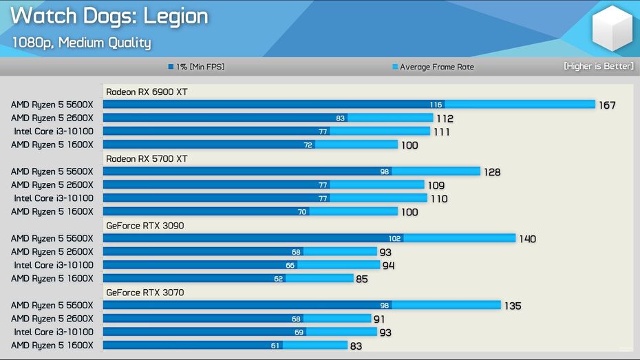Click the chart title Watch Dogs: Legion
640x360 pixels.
109,17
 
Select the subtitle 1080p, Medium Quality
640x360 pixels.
81,43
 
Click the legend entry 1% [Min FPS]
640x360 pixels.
196,67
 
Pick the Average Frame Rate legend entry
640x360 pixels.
433,67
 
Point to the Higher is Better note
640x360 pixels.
598,66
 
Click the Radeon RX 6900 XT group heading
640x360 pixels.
146,92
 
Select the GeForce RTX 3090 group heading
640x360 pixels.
145,226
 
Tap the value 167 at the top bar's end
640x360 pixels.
606,105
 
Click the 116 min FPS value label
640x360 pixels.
435,105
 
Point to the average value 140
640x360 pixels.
527,239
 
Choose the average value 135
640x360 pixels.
512,306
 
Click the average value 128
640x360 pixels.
491,172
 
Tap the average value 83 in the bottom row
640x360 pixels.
356,346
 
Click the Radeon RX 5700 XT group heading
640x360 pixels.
146,159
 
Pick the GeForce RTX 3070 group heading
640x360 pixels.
145,293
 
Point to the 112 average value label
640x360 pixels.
445,118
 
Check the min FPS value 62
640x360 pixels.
278,279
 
